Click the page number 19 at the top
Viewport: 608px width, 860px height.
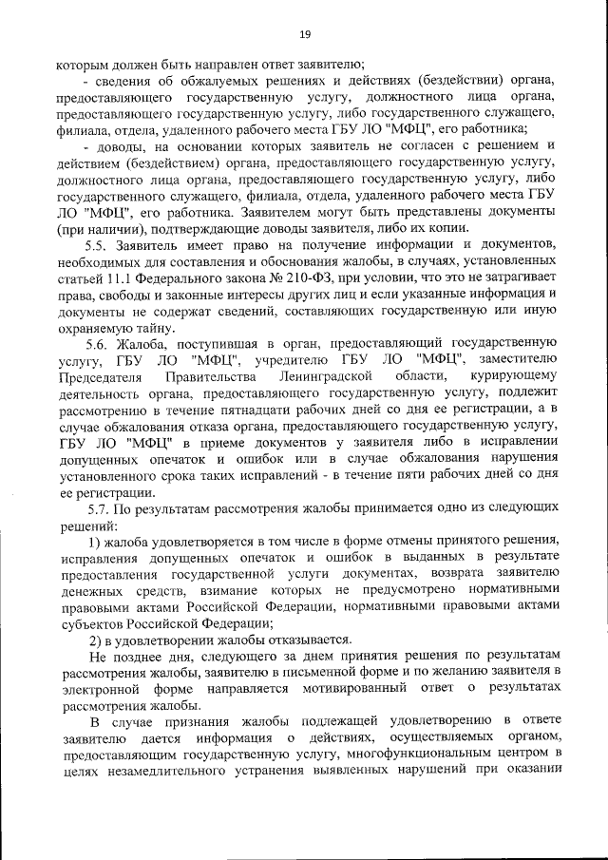(305, 35)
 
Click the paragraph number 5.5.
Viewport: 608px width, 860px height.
(97, 245)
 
